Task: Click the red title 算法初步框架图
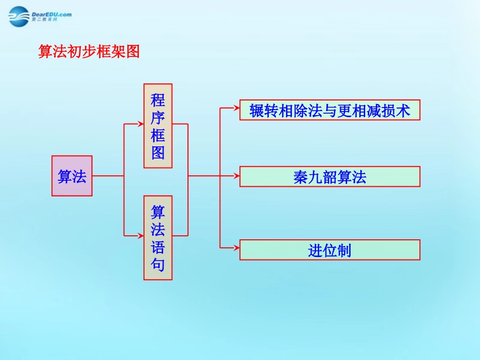tap(89, 51)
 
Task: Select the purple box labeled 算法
tap(72, 176)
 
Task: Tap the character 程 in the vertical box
tap(158, 99)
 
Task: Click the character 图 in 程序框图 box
tap(158, 153)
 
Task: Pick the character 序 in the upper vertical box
tap(158, 118)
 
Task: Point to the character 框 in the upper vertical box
tap(158, 135)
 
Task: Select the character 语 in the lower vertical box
tap(158, 247)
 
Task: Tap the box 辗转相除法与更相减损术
tap(329, 110)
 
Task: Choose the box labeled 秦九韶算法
tap(329, 176)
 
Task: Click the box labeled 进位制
tap(329, 249)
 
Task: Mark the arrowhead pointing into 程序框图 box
tap(140, 123)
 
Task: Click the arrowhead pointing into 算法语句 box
tap(140, 235)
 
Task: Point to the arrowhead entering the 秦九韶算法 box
tap(236, 176)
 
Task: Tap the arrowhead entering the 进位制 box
tap(236, 247)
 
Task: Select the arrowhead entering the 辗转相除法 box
tap(236, 108)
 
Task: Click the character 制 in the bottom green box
tap(344, 250)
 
